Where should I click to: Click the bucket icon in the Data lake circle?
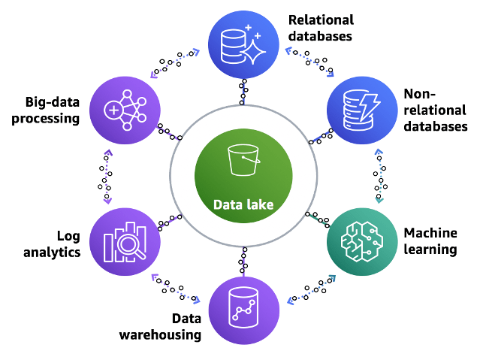tap(243, 160)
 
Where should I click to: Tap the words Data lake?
tap(243, 205)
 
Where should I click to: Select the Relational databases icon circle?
tap(243, 44)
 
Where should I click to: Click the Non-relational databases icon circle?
tap(362, 110)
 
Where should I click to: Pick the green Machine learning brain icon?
tap(362, 241)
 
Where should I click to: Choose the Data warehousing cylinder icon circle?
tap(243, 310)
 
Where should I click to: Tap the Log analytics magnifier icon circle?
tap(125, 241)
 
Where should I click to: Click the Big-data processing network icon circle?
tap(125, 110)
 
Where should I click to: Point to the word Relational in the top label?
tap(321, 20)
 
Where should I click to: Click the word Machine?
tap(430, 233)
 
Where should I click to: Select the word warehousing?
tap(160, 335)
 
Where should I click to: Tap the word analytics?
tap(52, 252)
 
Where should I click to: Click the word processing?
tap(45, 119)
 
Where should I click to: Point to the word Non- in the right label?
tap(420, 94)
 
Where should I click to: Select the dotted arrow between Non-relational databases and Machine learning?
tap(379, 176)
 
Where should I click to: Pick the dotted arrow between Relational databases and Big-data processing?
tap(175, 63)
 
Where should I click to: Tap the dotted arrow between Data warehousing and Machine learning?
tap(312, 289)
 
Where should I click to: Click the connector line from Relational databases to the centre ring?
tap(243, 92)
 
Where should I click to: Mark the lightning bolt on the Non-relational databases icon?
tap(370, 106)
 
